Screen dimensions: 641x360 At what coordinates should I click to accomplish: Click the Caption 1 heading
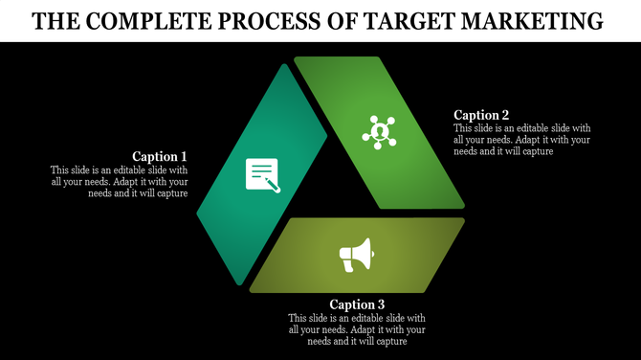(160, 156)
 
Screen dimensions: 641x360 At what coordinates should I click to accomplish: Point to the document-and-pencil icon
(262, 174)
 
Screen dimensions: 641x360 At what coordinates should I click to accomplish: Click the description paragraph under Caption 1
(119, 182)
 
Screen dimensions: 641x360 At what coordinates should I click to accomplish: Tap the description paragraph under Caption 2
(522, 140)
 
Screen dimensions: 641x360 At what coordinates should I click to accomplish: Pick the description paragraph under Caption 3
(357, 329)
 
